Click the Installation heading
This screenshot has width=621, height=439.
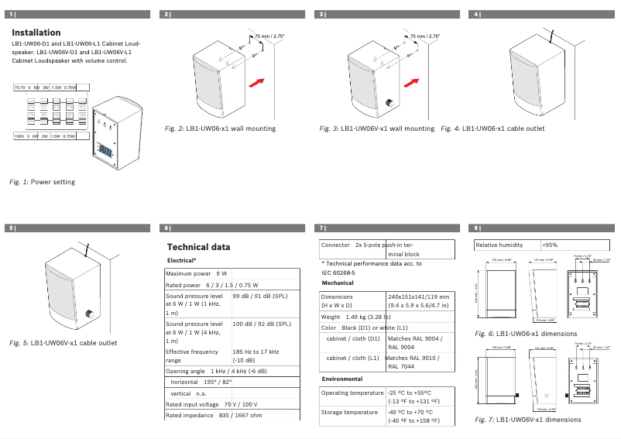[36, 33]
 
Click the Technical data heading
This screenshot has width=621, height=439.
[198, 247]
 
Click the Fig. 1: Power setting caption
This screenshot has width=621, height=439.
[42, 181]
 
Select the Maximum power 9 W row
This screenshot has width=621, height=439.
[197, 274]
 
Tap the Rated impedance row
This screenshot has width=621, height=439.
[214, 416]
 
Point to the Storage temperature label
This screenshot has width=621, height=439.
[350, 413]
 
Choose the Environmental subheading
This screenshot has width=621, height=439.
[341, 379]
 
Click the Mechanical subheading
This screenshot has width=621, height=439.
[338, 283]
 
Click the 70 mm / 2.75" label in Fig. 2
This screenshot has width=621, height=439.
[270, 36]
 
